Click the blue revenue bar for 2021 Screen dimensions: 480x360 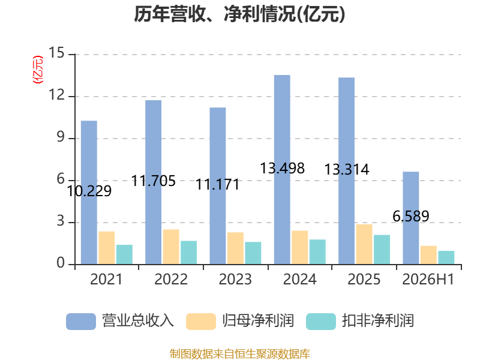coord(89,192)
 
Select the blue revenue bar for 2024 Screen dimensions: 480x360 coord(282,170)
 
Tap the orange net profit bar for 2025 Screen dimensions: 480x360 coord(364,244)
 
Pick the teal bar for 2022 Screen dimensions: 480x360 coord(189,253)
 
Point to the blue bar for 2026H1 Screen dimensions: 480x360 coord(411,218)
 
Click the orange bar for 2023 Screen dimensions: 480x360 coord(235,248)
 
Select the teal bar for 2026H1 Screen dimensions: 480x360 coord(446,257)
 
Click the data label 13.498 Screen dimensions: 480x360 coord(282,169)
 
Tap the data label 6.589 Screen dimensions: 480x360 coord(411,217)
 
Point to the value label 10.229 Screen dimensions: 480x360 coord(89,191)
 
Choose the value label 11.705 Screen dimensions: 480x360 coord(154,181)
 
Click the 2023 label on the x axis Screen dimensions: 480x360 coord(235,279)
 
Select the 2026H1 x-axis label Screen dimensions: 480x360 coord(428,279)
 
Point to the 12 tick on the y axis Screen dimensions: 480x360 coord(56,95)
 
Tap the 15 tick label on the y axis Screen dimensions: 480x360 coord(56,53)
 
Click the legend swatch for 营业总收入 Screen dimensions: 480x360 coord(81,322)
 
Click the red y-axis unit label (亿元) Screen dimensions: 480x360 coord(38,70)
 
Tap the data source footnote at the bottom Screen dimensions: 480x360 coord(240,354)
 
